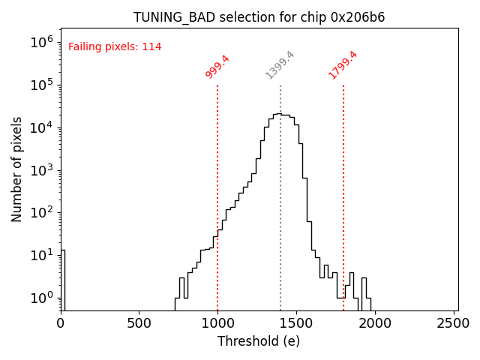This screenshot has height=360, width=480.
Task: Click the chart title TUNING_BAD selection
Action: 259,17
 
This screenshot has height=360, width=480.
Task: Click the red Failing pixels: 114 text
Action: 115,47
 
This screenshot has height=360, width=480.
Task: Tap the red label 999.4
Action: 217,66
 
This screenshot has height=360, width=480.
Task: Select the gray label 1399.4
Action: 280,65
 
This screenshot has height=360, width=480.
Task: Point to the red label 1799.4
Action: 343,65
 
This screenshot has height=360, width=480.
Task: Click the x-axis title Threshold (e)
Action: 259,341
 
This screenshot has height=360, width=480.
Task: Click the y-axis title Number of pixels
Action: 17,169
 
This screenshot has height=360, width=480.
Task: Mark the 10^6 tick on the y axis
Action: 41,42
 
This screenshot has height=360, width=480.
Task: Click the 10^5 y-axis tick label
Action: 41,85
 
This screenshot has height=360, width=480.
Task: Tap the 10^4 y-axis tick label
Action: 41,127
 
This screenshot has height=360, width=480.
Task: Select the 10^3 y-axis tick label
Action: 41,170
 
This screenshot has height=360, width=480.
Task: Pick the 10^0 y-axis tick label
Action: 41,298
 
